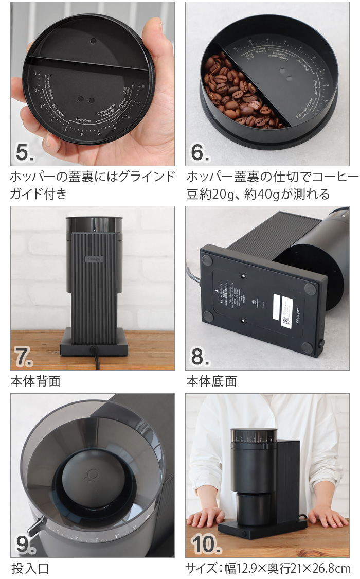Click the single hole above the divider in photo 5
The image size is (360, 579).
tap(93, 41)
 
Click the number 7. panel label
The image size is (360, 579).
tap(24, 357)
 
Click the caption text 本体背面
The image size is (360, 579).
tap(35, 381)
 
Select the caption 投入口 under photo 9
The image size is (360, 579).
tap(30, 568)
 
